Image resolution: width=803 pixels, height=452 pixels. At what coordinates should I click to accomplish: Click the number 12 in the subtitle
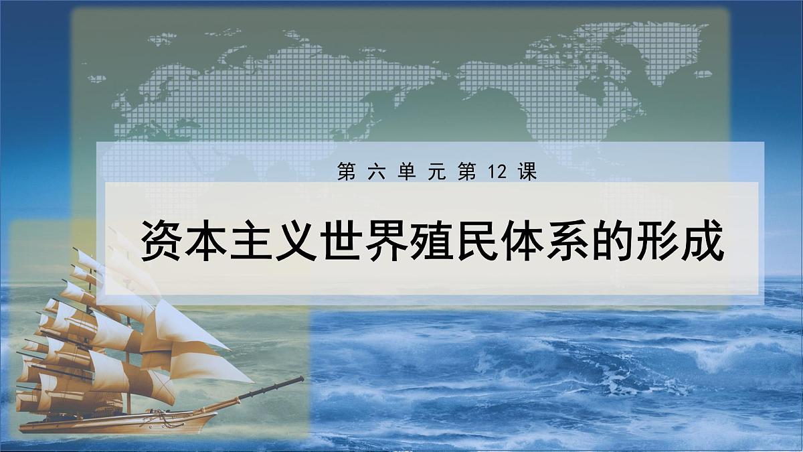[x=496, y=173]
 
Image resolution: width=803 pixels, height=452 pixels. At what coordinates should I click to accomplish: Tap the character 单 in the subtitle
[x=404, y=173]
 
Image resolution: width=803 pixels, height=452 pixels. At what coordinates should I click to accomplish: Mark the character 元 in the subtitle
[x=435, y=173]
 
